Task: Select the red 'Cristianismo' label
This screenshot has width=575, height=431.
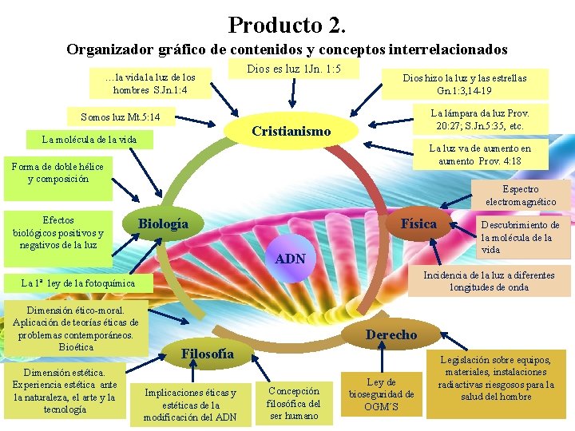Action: point(291,131)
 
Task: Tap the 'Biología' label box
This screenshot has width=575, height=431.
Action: point(164,224)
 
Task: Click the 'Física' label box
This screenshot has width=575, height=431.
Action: point(418,223)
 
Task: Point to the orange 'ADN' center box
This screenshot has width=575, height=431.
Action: point(290,258)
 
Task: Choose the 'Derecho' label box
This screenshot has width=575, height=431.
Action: point(391,334)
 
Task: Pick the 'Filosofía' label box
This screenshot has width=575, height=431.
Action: point(208,354)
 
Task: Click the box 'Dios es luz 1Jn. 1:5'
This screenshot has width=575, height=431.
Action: point(294,69)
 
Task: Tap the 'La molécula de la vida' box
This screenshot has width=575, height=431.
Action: point(89,140)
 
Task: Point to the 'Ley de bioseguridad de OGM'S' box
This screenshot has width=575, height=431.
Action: point(382,393)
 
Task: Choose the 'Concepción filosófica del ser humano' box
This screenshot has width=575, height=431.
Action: point(294,403)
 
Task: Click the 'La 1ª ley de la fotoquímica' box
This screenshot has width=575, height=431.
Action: point(78,283)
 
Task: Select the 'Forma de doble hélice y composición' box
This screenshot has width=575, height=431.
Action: point(58,172)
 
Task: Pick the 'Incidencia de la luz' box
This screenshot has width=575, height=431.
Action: point(489,281)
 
